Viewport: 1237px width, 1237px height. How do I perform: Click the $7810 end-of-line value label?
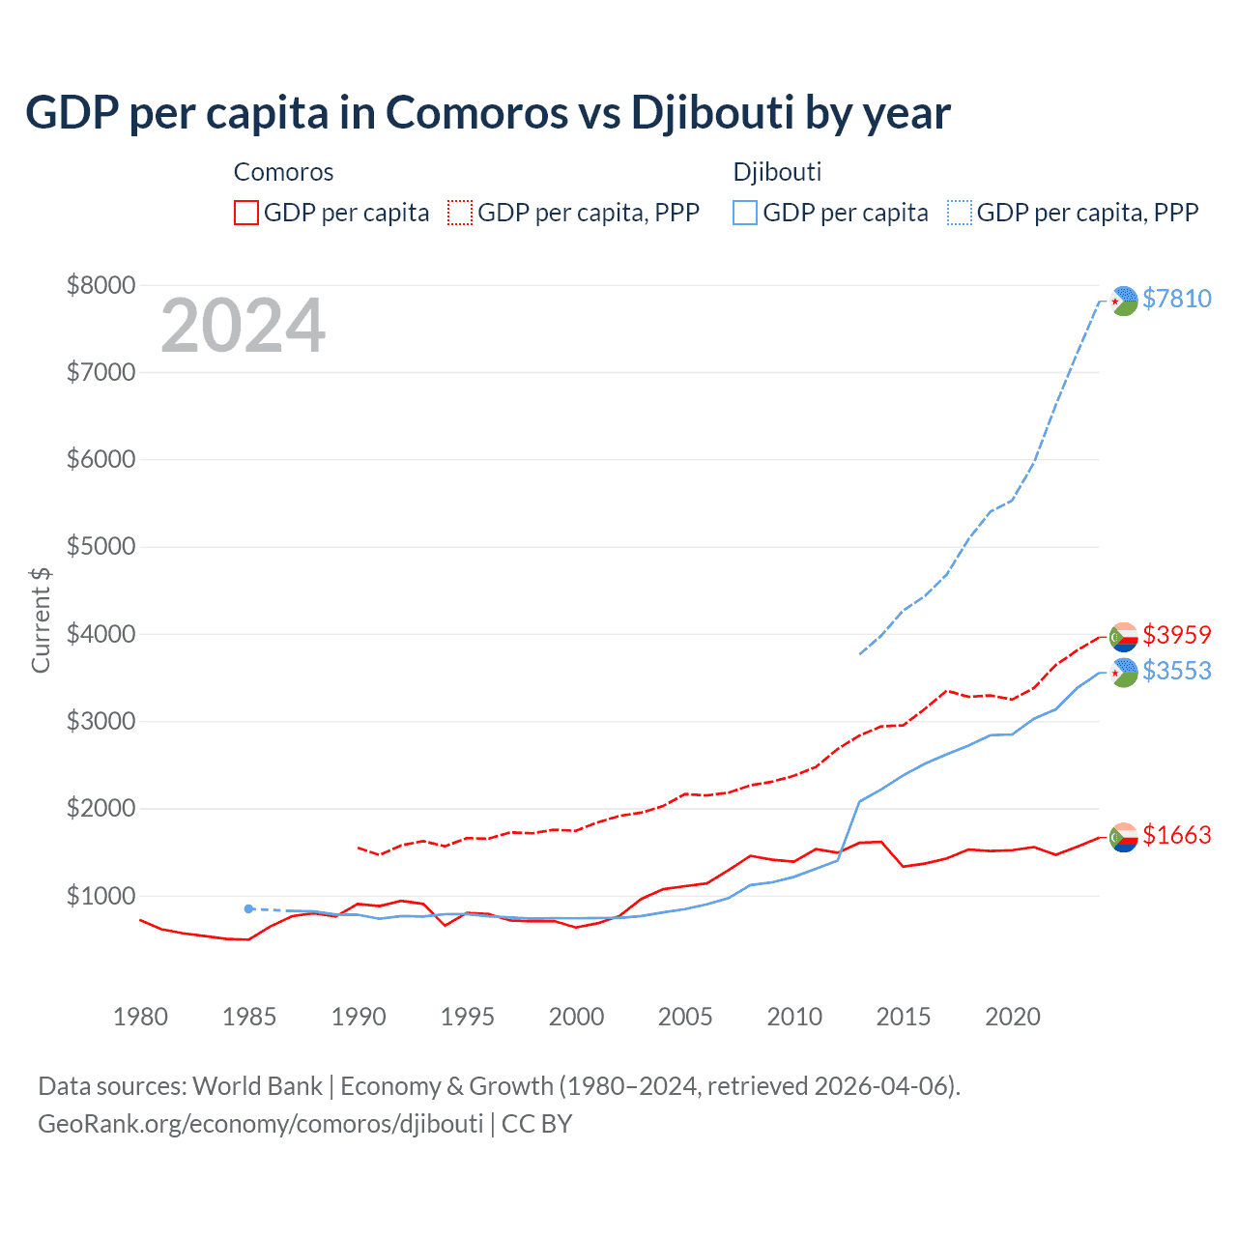1176,299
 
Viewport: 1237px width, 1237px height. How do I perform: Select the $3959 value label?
1176,635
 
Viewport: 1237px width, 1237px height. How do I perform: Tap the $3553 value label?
1176,671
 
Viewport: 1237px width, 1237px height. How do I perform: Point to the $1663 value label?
1176,835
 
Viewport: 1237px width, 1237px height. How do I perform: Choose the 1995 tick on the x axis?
467,1017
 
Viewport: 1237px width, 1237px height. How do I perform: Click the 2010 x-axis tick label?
794,1017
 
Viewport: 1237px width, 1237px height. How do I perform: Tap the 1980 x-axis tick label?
140,1017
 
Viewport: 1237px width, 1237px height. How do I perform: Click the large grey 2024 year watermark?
243,326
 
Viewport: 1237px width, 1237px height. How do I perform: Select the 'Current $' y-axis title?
41,619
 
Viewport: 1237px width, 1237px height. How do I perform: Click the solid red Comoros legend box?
246,213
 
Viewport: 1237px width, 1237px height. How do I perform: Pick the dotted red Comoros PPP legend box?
461,213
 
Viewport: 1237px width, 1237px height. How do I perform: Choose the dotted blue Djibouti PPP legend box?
960,213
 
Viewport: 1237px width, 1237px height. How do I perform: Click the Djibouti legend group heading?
777,172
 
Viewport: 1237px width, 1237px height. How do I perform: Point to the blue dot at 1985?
248,908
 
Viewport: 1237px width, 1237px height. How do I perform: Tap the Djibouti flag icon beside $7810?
1123,301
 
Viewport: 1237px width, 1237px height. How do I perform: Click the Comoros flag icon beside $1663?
1123,837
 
